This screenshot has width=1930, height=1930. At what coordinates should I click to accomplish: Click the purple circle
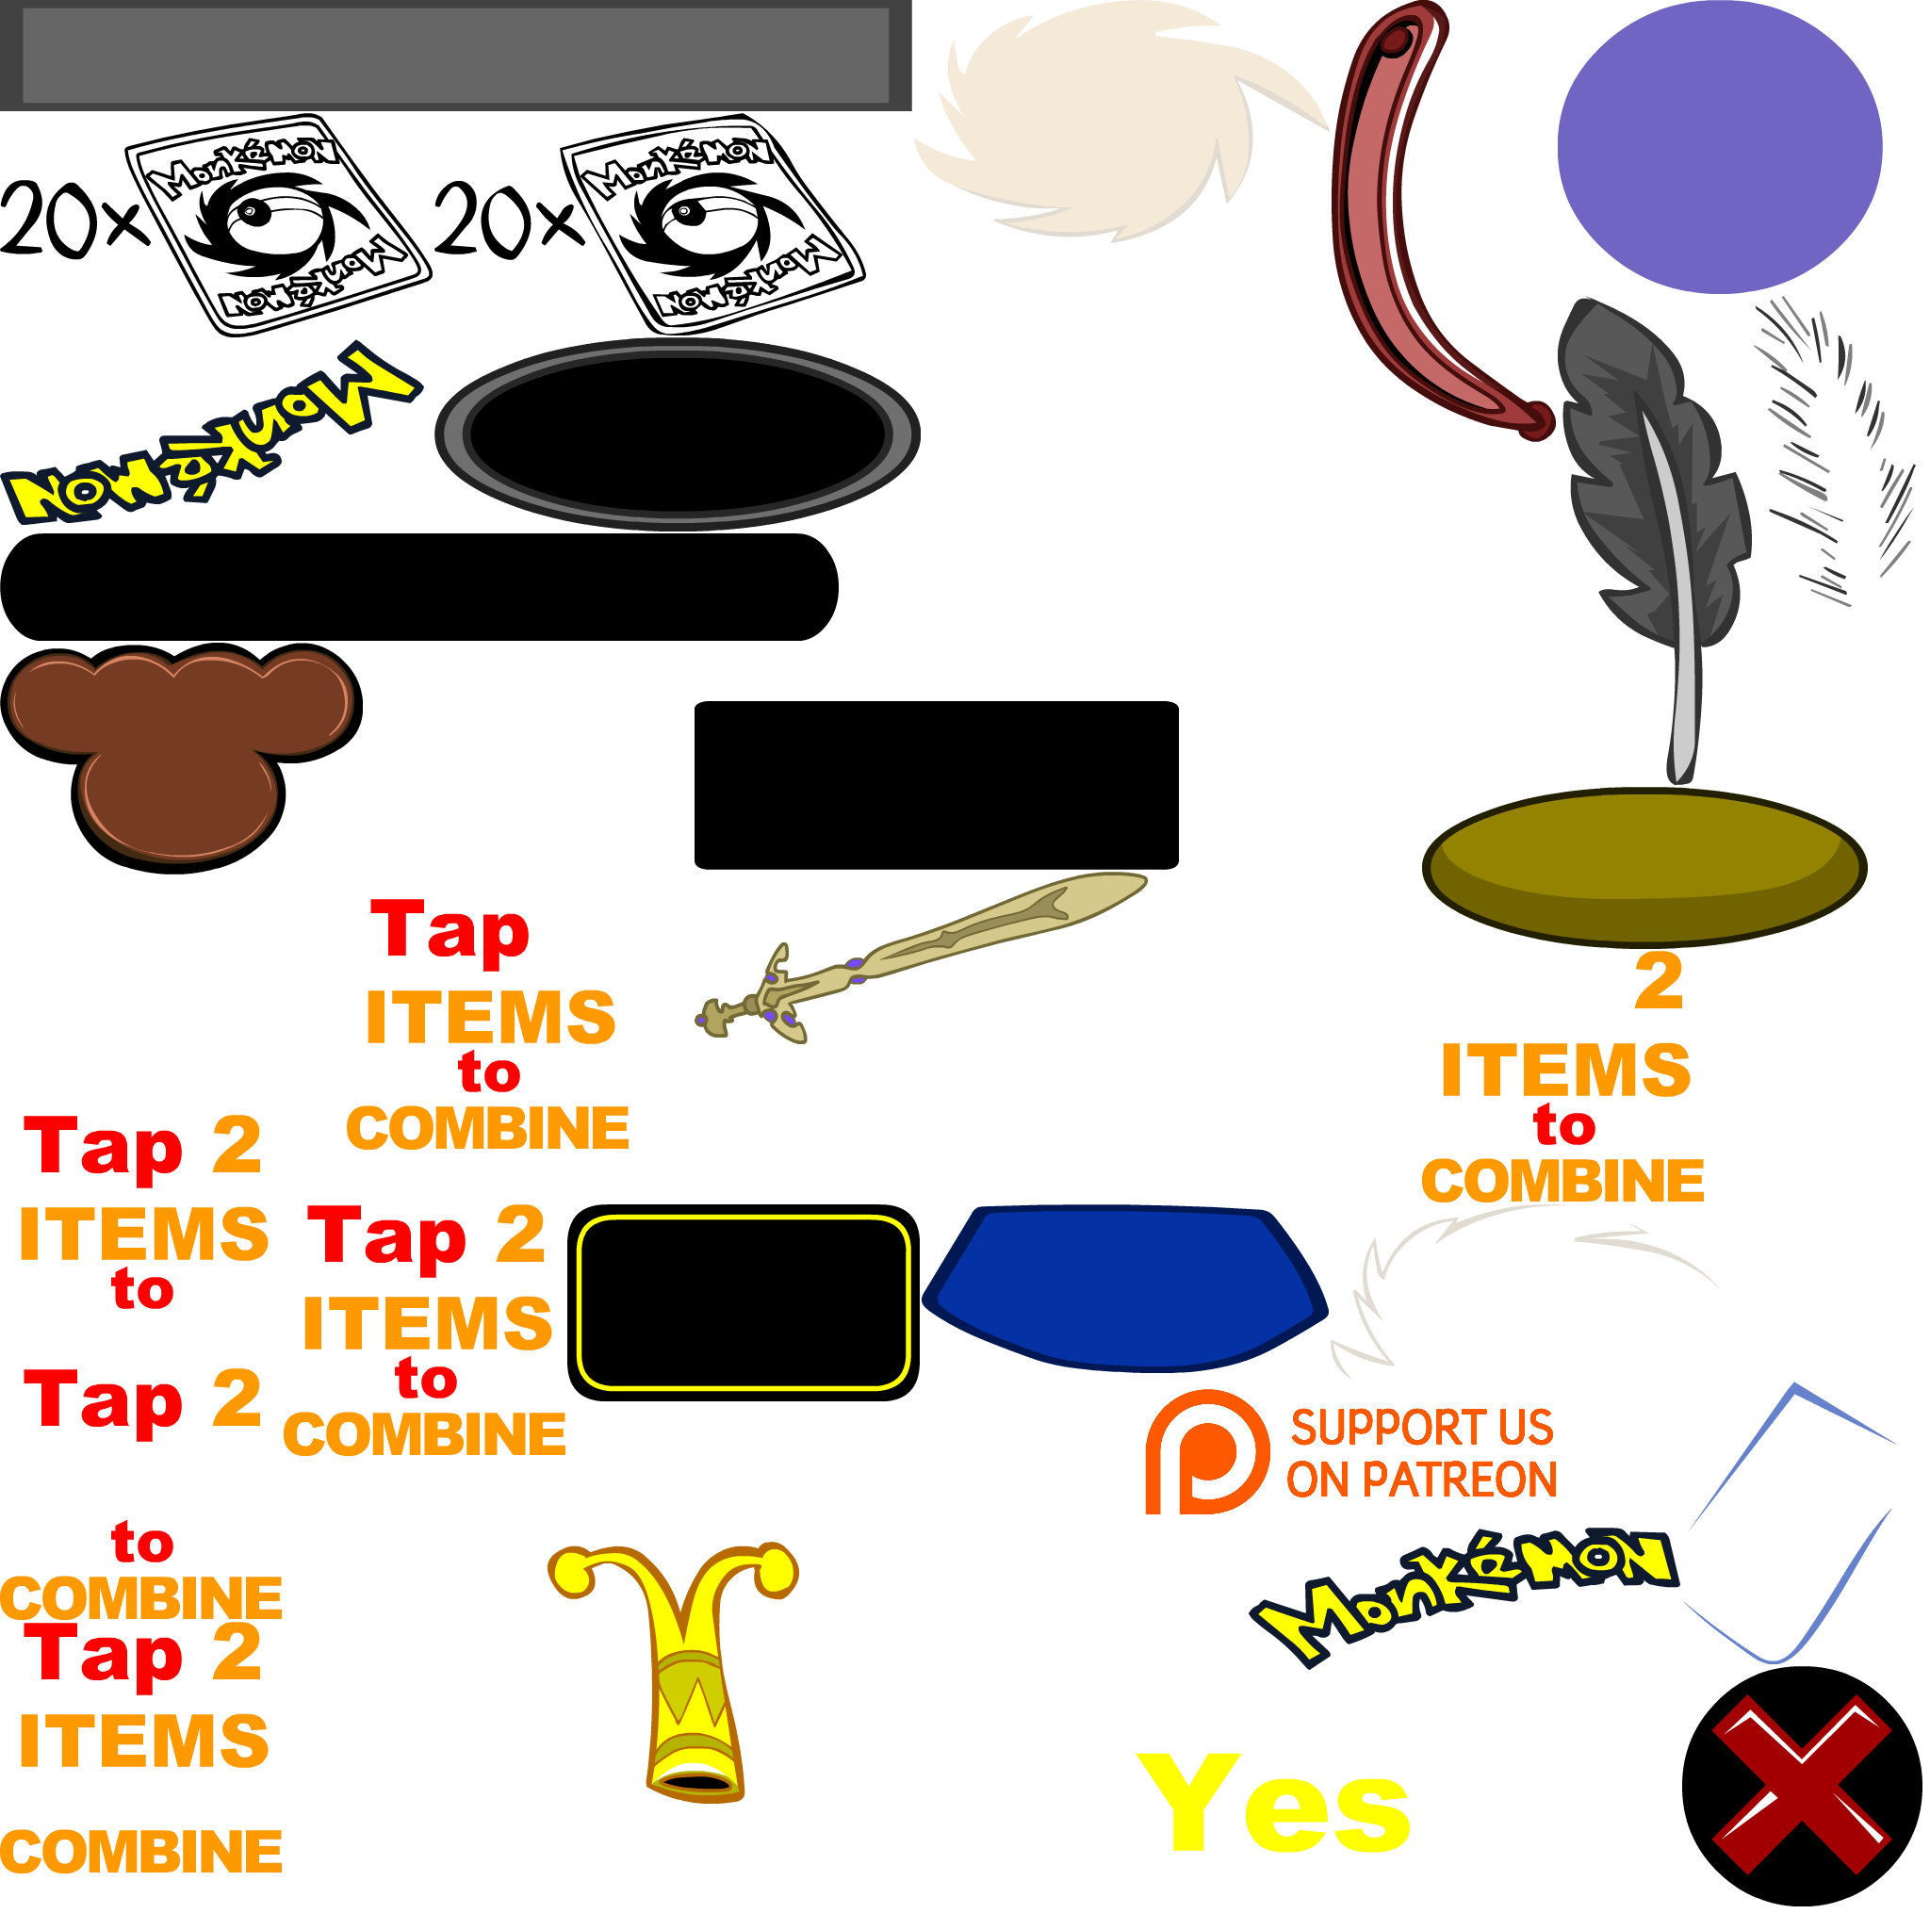click(1719, 147)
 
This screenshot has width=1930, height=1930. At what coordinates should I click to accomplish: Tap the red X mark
click(1801, 1784)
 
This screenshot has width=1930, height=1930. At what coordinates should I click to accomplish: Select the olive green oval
click(1644, 866)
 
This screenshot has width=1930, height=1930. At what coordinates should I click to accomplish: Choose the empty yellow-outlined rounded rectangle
click(744, 1301)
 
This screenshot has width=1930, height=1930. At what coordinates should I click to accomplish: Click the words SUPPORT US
click(1421, 1426)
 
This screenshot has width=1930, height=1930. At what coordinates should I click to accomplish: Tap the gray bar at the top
click(455, 55)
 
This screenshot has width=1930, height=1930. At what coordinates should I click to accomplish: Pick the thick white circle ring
click(415, 1673)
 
